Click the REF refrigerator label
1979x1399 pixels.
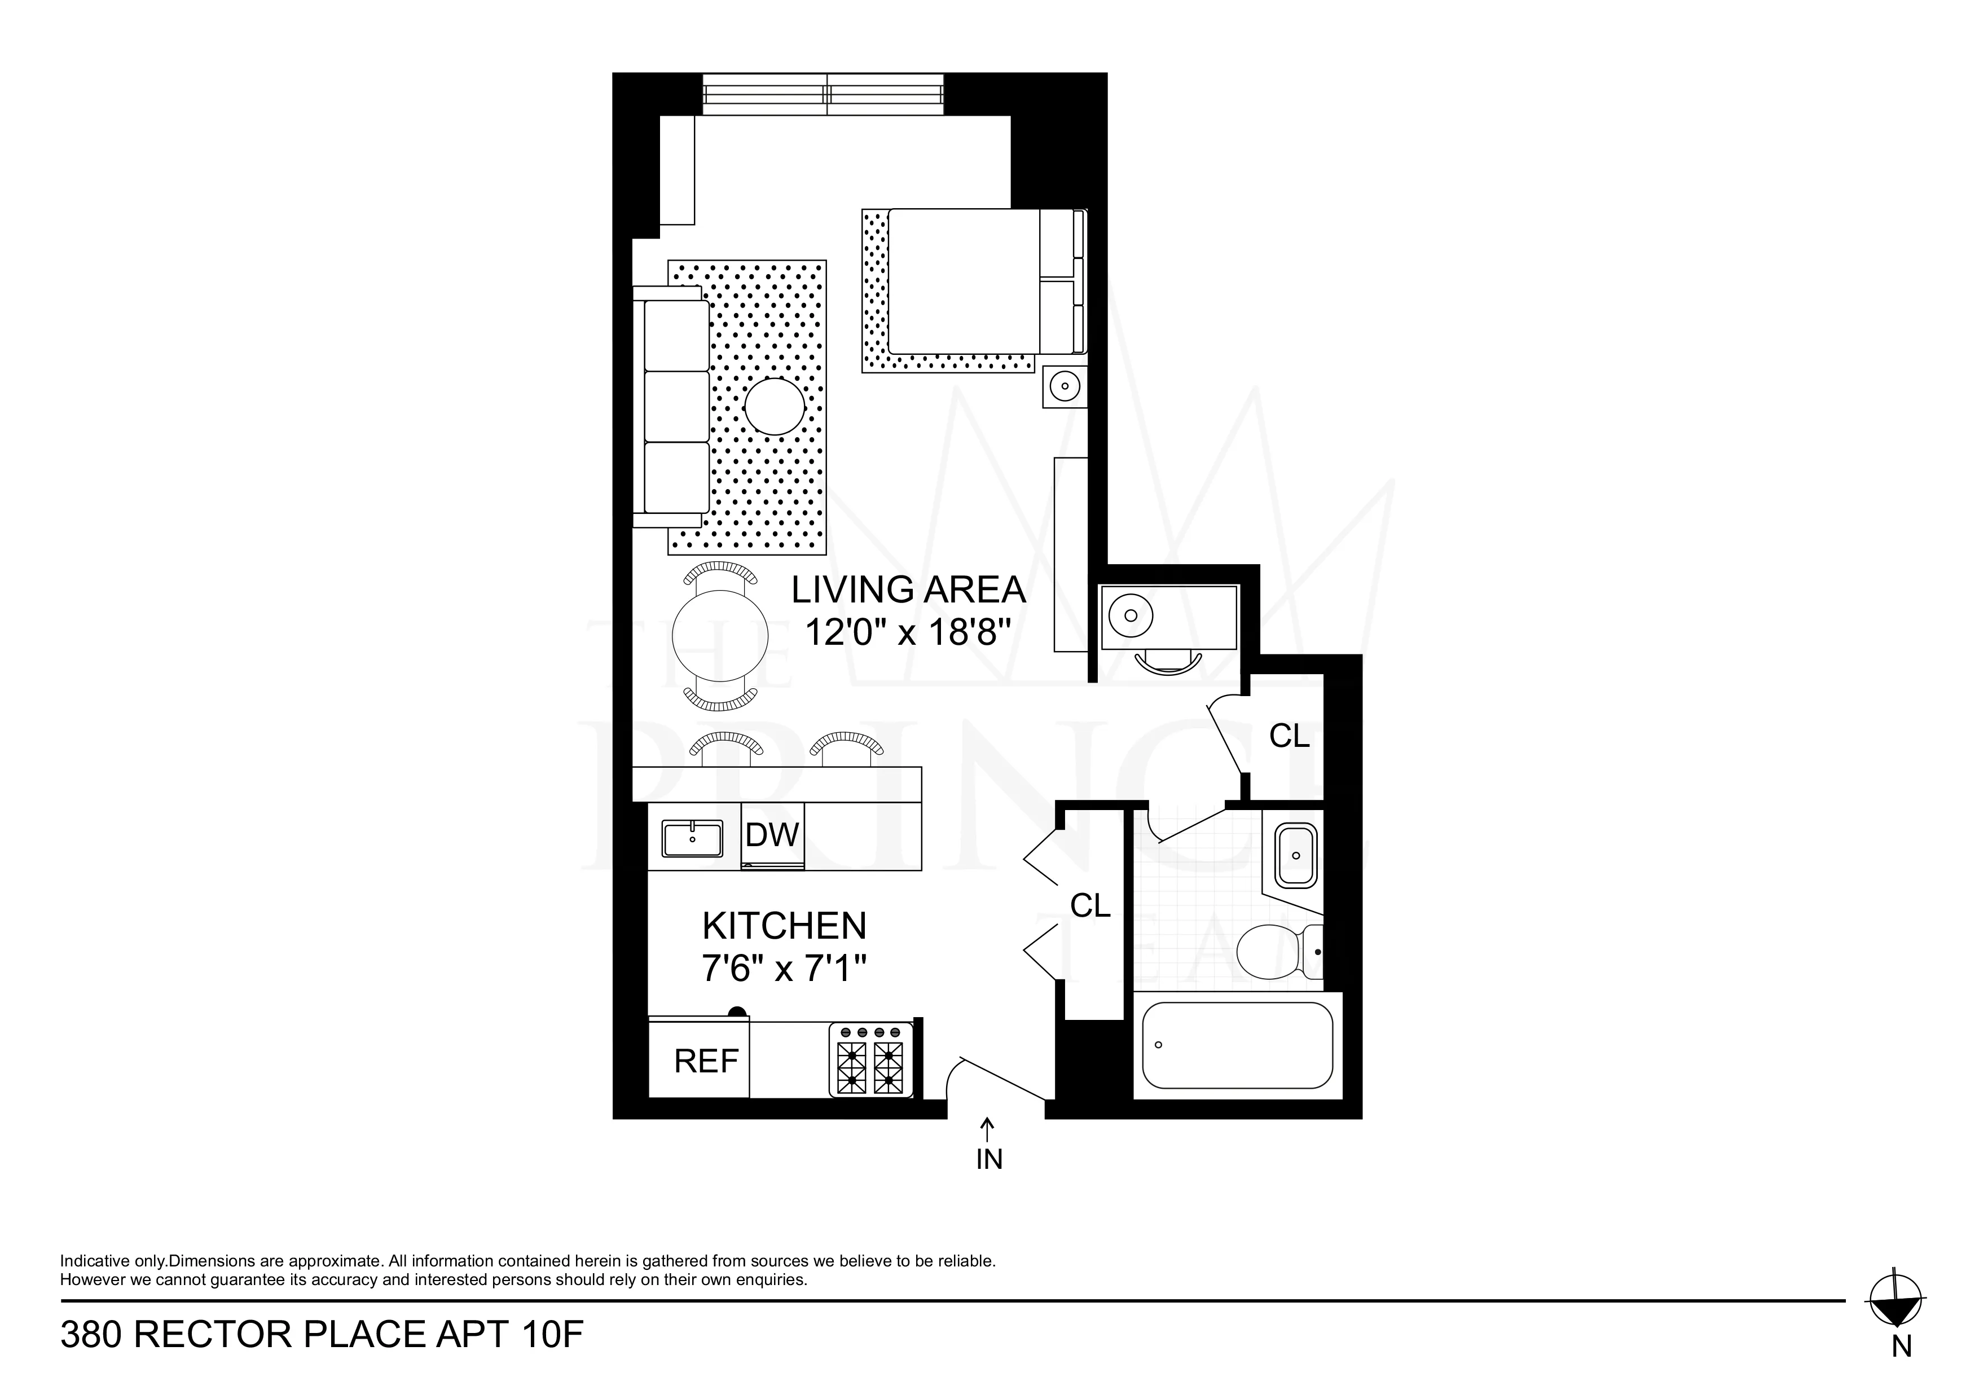pos(706,1061)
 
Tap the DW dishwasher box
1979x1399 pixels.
pos(772,835)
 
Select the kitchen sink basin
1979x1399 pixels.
pos(692,839)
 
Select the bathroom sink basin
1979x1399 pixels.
pos(1295,855)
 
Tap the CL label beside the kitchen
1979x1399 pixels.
pos(1090,905)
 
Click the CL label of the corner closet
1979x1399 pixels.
pos(1290,736)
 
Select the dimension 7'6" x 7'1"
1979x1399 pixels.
pos(784,970)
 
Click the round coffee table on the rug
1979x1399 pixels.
pos(775,406)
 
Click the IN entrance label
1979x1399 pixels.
pos(988,1159)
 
